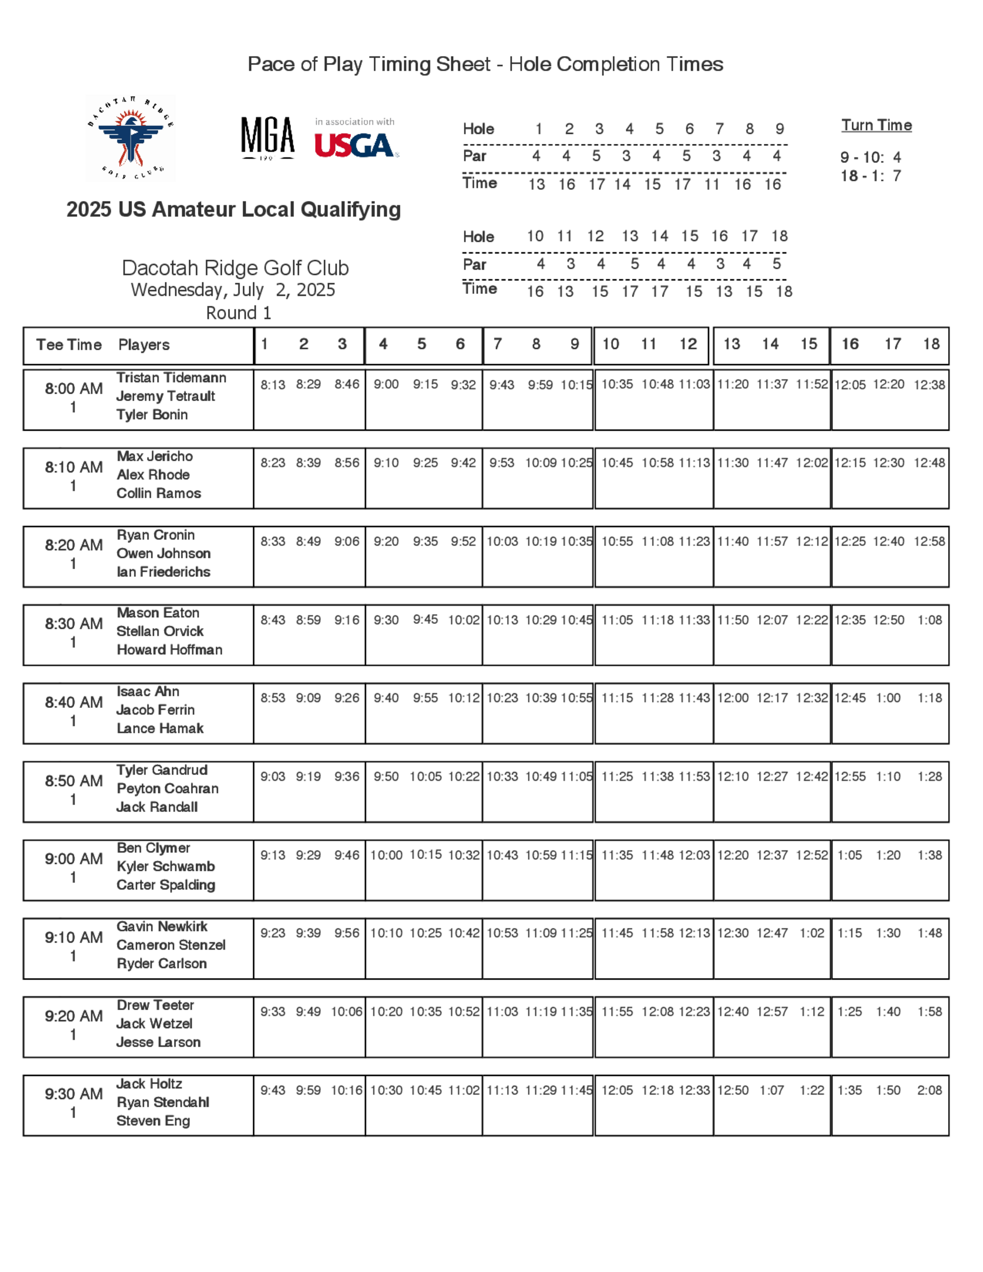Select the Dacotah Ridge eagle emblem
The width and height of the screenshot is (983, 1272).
(130, 139)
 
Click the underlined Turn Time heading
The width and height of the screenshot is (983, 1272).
(876, 125)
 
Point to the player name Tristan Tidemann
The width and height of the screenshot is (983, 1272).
(171, 377)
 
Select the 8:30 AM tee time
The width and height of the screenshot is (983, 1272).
(74, 624)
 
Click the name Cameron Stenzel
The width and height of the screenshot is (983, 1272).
(171, 945)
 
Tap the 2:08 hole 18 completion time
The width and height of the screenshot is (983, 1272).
(929, 1090)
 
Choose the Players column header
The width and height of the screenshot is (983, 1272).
(144, 345)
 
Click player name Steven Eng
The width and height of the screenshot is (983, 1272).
(153, 1121)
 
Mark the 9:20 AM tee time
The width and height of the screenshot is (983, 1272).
(74, 1016)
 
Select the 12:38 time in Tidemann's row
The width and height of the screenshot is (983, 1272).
(929, 385)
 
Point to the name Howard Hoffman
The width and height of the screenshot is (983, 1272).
(170, 649)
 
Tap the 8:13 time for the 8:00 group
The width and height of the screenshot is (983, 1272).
(273, 385)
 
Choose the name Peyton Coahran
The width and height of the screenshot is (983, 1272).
(168, 788)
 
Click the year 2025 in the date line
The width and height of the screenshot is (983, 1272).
(315, 290)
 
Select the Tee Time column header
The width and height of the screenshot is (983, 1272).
(69, 345)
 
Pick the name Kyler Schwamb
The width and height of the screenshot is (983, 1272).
(165, 867)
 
